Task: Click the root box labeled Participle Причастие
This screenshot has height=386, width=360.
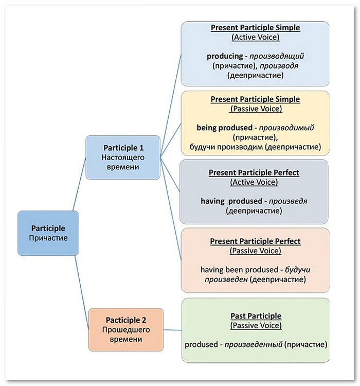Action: [48, 233]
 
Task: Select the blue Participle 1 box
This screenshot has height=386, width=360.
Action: [123, 157]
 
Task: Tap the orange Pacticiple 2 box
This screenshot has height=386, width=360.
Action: [126, 329]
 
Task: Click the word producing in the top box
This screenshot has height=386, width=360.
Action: [225, 57]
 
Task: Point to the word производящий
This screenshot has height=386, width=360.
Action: [277, 57]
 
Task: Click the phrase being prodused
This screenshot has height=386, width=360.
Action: [224, 128]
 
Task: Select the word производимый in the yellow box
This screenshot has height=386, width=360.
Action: [286, 128]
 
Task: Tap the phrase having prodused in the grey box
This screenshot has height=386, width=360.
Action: [231, 201]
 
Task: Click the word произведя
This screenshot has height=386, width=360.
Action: [288, 201]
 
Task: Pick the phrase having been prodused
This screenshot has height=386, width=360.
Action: [239, 270]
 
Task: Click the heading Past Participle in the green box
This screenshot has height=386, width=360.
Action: [256, 315]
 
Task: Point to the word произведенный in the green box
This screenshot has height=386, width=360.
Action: [253, 344]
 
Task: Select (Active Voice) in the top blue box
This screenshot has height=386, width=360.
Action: [256, 37]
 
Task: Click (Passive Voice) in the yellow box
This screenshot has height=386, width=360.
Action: [256, 109]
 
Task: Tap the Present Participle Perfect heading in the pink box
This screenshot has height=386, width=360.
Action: [255, 241]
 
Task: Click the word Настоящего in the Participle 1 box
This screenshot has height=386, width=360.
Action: [123, 157]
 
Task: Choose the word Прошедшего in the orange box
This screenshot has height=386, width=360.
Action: [126, 329]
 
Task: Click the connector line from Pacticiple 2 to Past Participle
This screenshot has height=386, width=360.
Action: [173, 330]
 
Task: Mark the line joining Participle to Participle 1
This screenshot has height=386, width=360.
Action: [79, 184]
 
